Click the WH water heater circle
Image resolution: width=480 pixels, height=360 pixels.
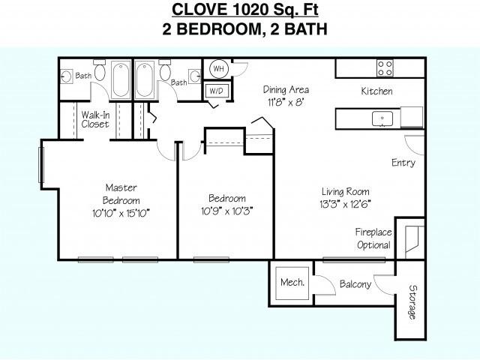219,69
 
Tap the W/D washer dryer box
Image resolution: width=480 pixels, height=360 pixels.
218,91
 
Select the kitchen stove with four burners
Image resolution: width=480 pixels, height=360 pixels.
385,68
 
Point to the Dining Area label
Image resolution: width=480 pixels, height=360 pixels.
285,90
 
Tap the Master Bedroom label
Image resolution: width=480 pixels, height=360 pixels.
121,194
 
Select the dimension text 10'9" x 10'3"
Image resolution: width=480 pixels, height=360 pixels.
226,210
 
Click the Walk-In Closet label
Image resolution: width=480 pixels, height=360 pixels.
95,119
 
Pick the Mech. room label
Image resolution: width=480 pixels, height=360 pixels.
292,283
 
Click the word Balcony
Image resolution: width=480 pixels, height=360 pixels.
355,285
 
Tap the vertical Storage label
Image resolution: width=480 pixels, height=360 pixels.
412,301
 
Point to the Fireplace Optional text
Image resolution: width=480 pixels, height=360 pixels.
373,238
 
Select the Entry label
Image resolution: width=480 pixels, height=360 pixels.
403,163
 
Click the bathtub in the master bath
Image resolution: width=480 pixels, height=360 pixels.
121,80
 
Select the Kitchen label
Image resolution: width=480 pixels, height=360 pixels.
376,91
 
